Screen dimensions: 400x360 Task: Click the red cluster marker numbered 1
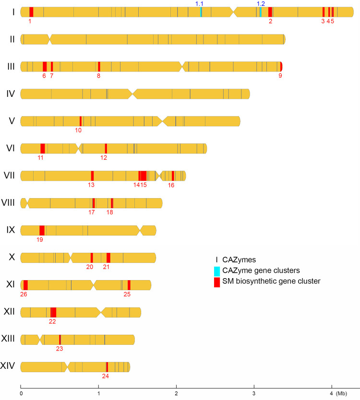[x=31, y=12]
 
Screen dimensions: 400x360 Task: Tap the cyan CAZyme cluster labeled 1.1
[x=201, y=12]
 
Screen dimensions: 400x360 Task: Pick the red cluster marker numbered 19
[x=42, y=230]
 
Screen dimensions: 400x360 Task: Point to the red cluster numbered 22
[x=53, y=312]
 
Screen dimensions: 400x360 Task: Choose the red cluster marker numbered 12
[x=106, y=149]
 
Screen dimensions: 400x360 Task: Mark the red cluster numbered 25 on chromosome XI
[x=129, y=285]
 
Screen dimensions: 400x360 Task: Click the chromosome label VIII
[x=8, y=203]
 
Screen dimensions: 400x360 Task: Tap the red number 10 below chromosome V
[x=78, y=130]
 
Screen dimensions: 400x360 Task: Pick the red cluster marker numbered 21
[x=108, y=258]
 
